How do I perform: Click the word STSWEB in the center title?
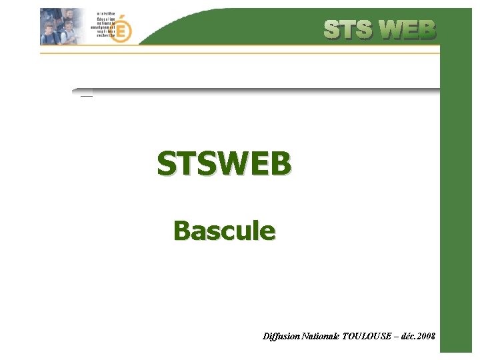224,163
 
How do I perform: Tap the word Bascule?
224,231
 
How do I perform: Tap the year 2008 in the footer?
427,337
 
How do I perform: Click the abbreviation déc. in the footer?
409,337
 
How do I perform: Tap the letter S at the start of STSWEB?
166,163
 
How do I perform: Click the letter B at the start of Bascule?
181,231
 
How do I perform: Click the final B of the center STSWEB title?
281,163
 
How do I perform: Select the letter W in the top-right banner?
391,29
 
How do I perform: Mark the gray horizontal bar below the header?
260,89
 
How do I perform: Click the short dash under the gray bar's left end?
86,97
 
